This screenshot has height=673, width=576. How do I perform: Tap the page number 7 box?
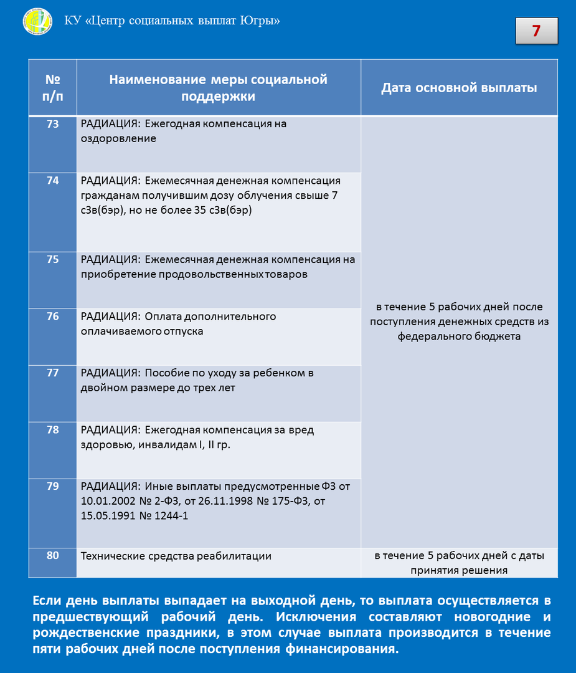(536, 31)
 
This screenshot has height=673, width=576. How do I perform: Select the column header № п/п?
(53, 88)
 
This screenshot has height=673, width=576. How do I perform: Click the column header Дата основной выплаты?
(459, 88)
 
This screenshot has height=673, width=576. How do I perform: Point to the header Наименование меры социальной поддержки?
(219, 88)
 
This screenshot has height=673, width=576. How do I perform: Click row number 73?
(53, 124)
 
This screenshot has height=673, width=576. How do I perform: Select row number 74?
(53, 181)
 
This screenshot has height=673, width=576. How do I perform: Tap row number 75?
(53, 260)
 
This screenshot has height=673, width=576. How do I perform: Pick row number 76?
(53, 317)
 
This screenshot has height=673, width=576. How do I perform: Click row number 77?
(53, 373)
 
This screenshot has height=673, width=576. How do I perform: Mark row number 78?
(53, 430)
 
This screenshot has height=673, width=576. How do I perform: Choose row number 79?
(53, 487)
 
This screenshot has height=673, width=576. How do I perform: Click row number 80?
(53, 555)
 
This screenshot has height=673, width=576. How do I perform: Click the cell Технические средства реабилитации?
(176, 556)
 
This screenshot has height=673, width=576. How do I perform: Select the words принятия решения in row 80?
(459, 570)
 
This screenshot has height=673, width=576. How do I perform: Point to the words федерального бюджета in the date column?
(459, 336)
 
